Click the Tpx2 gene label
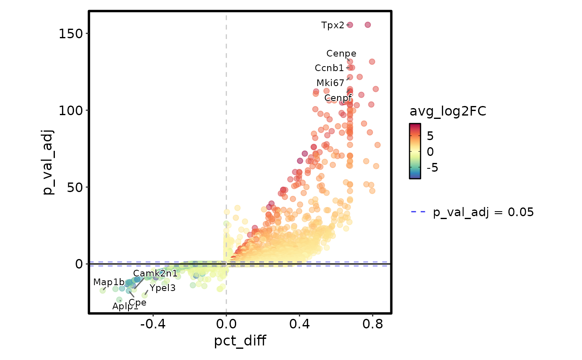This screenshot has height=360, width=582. coord(333,25)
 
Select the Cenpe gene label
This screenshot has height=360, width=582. coord(341,54)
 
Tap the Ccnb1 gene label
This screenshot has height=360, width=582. coord(329,68)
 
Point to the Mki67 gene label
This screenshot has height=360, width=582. coord(330,83)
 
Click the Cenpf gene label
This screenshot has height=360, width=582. coord(338,98)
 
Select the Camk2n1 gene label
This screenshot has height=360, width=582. coord(155,274)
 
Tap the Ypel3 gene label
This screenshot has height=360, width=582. coord(163,288)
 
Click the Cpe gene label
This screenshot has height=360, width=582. coord(137,303)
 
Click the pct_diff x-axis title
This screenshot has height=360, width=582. coord(240,341)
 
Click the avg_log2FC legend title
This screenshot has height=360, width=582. coord(448,111)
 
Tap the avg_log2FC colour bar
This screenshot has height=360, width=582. coord(415,151)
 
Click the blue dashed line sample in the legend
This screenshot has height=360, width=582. coord(418,212)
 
